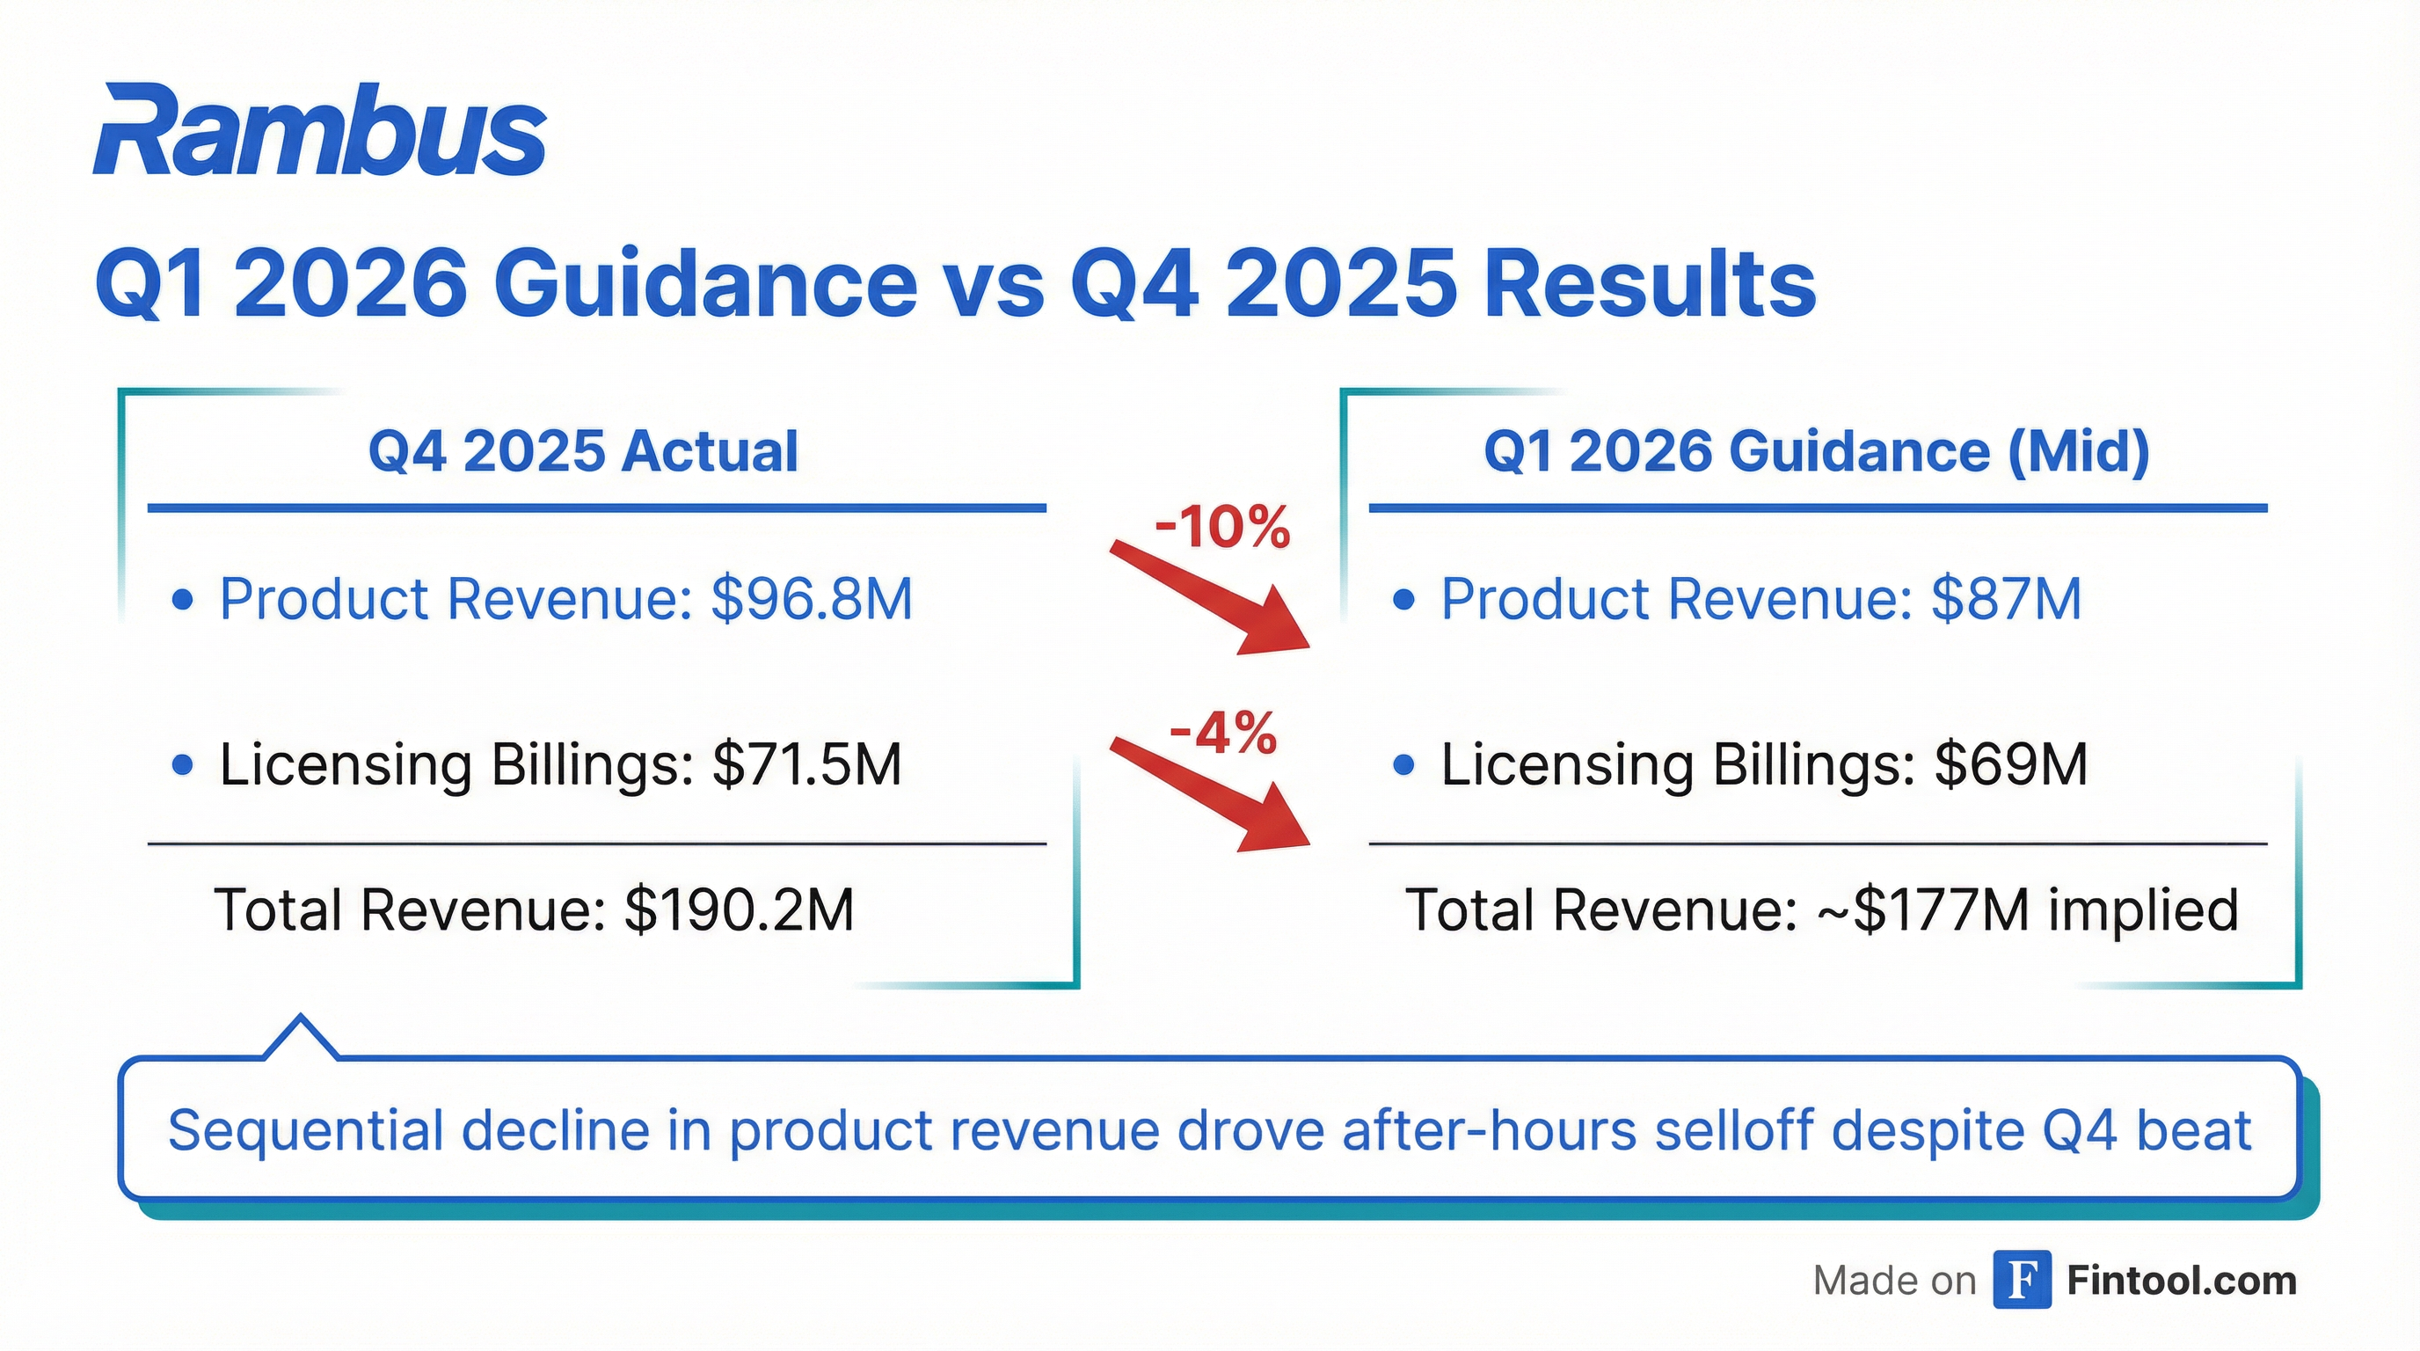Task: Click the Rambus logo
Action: (319, 132)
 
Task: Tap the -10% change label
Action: (1222, 527)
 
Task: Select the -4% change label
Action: (1223, 733)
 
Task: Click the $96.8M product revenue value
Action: (812, 598)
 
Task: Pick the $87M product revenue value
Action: (2007, 598)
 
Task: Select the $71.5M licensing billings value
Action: (807, 763)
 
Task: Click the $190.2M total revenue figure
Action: (740, 909)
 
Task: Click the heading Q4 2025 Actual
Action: (583, 451)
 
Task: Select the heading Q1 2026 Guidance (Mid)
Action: (1817, 451)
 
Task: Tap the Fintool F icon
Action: (2022, 1280)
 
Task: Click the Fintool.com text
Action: (2182, 1281)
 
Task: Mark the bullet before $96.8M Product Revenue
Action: (183, 598)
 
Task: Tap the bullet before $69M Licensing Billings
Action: (1403, 764)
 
